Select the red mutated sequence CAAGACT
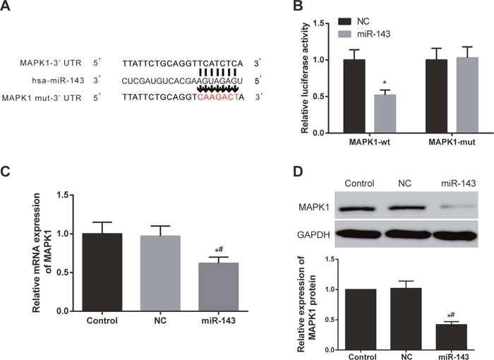coord(217,97)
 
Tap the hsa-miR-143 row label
coord(58,80)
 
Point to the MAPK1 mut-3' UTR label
coord(42,98)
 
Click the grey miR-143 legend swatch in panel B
coord(344,34)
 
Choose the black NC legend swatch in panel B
coord(344,21)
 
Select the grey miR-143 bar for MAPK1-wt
coord(385,114)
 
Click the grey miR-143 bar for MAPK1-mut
coord(467,95)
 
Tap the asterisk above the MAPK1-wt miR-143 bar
coord(385,83)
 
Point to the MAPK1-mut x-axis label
coord(452,142)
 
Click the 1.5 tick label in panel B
coord(318,23)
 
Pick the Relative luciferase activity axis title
coord(305,78)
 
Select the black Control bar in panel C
coord(102,272)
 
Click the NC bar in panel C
coord(160,273)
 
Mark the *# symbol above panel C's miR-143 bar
coord(219,251)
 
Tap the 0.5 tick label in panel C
coord(62,272)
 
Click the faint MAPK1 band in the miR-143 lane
coord(458,207)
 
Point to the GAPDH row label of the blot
coord(314,235)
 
